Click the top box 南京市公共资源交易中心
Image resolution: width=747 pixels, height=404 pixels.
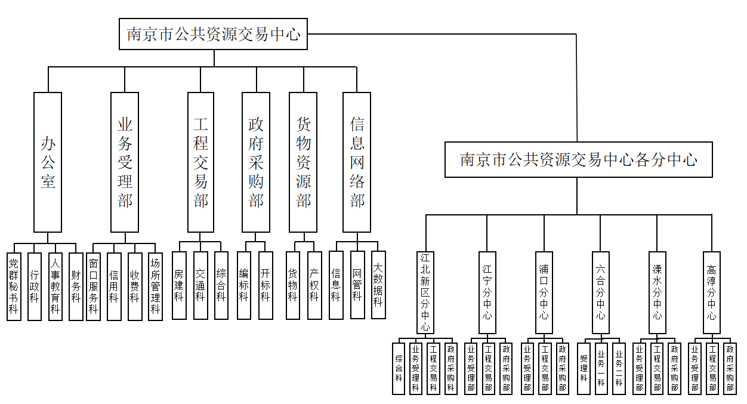point(214,34)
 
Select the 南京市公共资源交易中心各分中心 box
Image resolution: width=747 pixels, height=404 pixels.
point(578,159)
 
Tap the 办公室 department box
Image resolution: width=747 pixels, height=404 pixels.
point(48,162)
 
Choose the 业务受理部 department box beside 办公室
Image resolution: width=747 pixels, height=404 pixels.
point(125,162)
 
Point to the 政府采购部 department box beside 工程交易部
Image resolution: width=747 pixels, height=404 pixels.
point(256,162)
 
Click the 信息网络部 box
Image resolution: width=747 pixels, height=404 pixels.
point(357,162)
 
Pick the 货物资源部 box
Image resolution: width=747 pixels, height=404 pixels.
point(303,162)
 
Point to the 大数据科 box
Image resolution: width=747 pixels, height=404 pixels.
point(378,285)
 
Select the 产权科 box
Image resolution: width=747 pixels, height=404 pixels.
point(314,285)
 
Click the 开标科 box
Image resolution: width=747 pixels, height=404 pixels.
point(265,285)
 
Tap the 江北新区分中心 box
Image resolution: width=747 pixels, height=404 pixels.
point(425,292)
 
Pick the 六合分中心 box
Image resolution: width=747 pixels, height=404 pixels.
point(600,292)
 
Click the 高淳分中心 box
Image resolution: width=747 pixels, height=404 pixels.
point(711,292)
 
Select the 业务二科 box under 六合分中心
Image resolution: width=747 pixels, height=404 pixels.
point(619,368)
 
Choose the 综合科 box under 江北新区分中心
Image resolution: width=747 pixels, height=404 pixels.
point(399,368)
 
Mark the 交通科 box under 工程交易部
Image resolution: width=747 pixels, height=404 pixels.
point(200,285)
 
